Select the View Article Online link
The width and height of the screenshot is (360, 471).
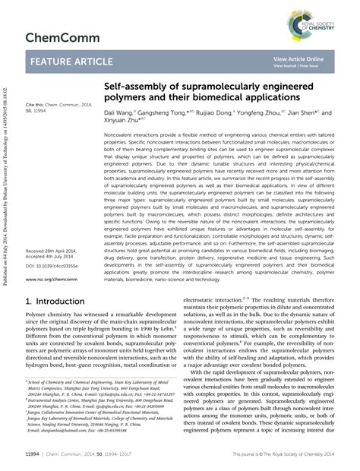298,59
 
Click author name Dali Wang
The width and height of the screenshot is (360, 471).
120,112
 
